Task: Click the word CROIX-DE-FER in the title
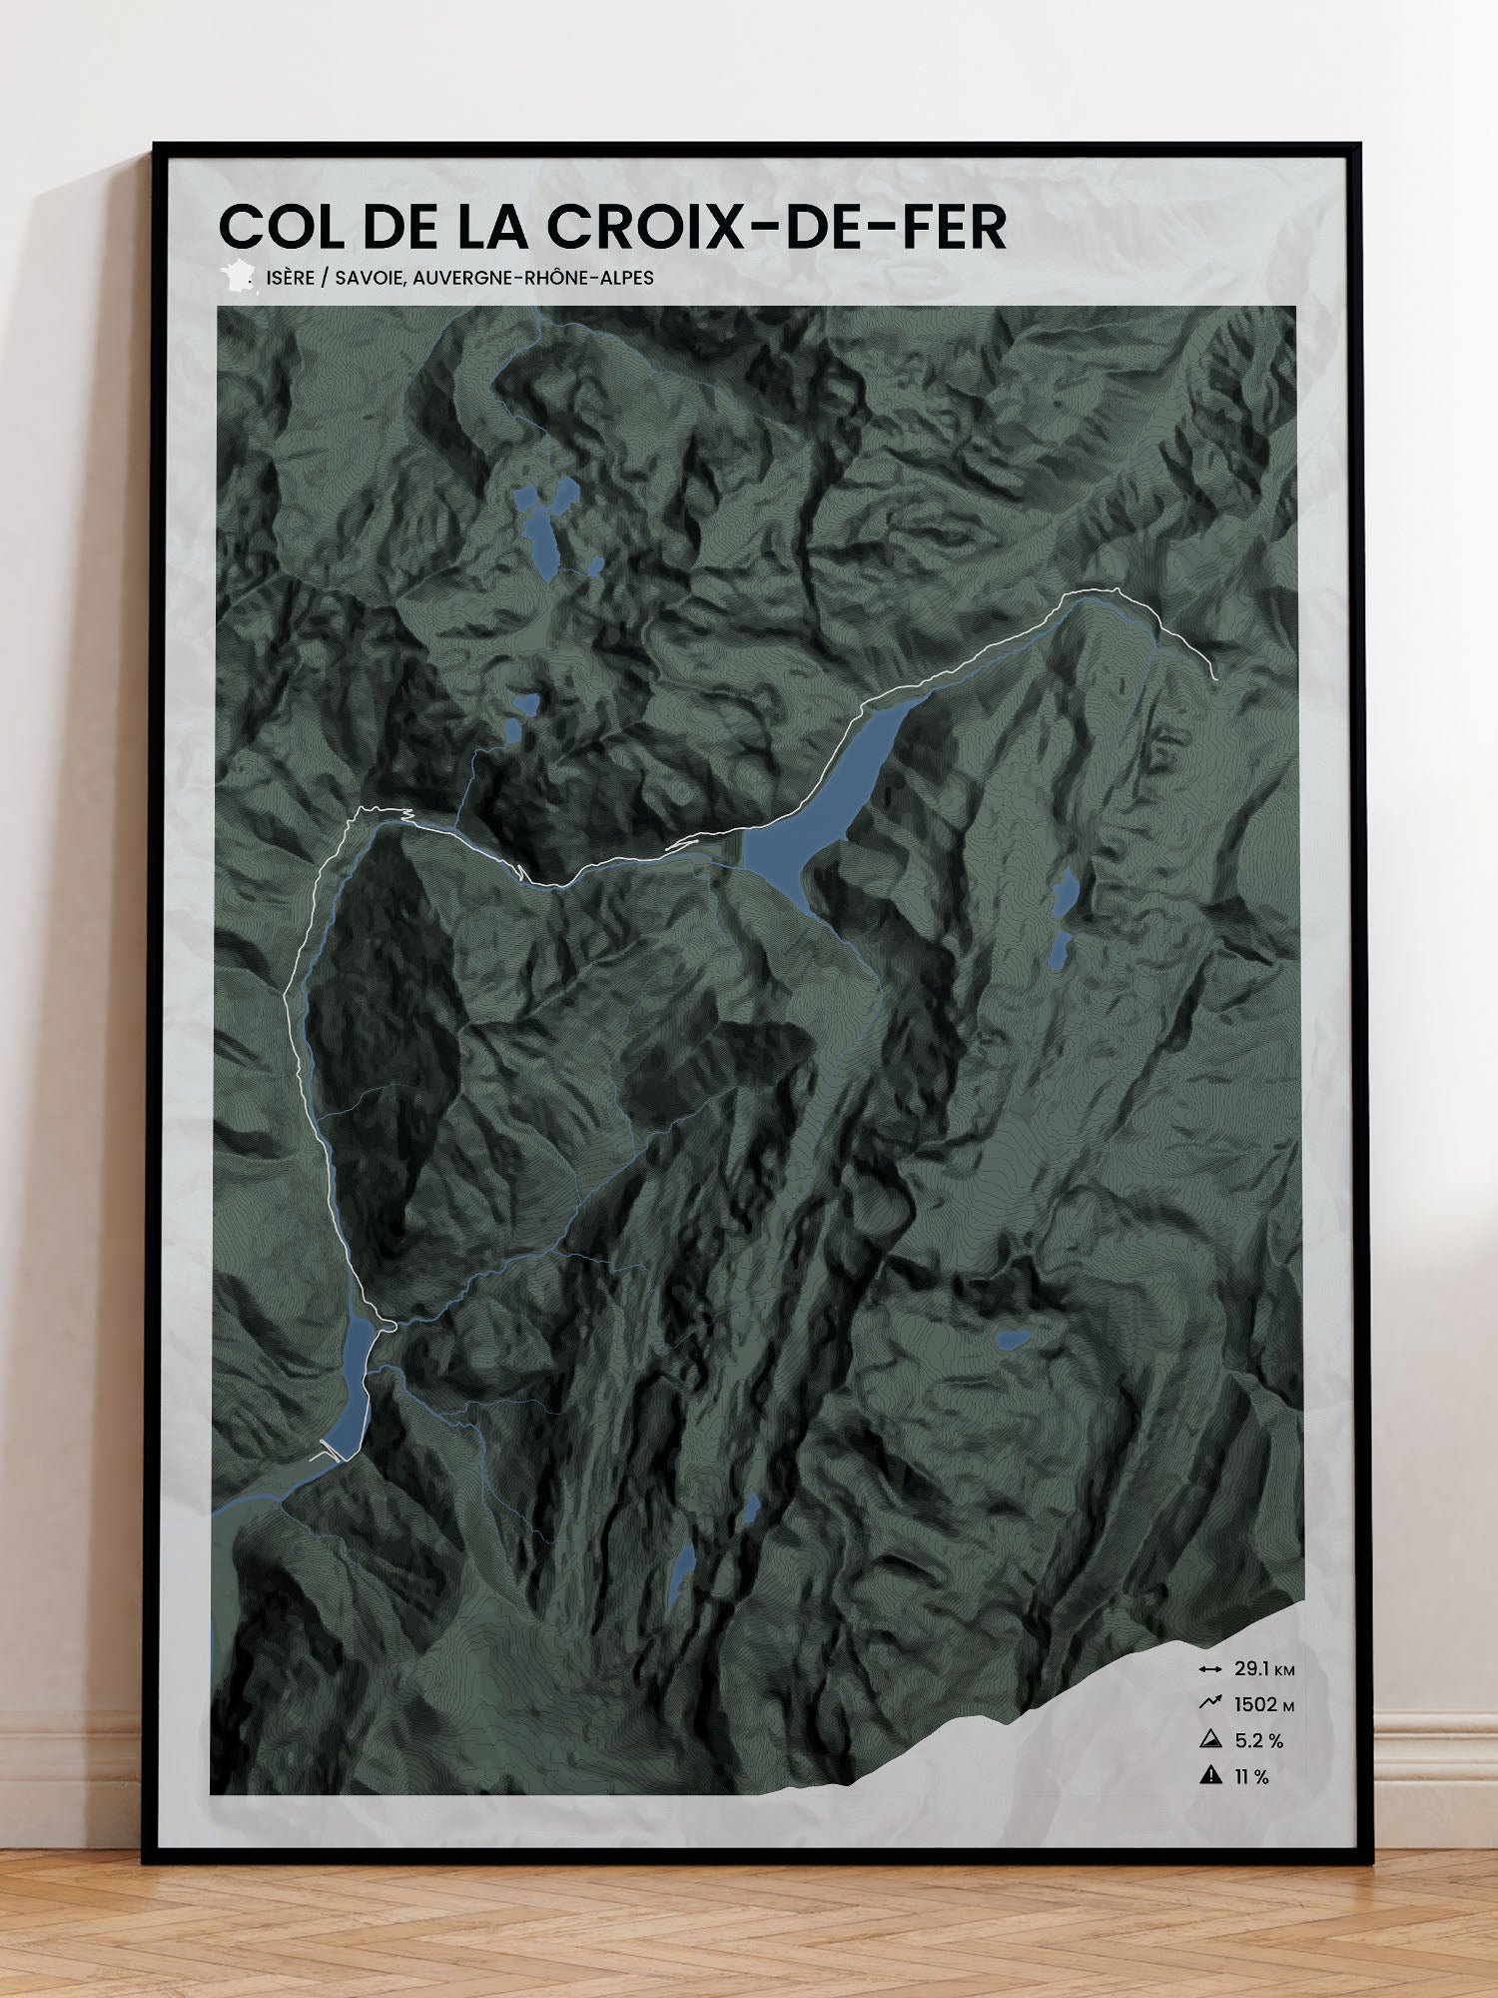(776, 228)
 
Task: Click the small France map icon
(238, 277)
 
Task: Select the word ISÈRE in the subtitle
(291, 278)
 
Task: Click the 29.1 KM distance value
(1264, 1668)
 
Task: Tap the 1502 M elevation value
(1264, 1704)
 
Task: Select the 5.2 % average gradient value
(1259, 1740)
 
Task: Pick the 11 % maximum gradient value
(1251, 1776)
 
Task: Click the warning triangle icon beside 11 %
(1211, 1775)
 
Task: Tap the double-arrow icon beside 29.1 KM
(1210, 1669)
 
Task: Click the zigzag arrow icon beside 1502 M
(1210, 1703)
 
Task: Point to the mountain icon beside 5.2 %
(1210, 1739)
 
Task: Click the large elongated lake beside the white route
(819, 799)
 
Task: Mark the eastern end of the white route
(1215, 677)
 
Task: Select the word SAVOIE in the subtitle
(369, 278)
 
